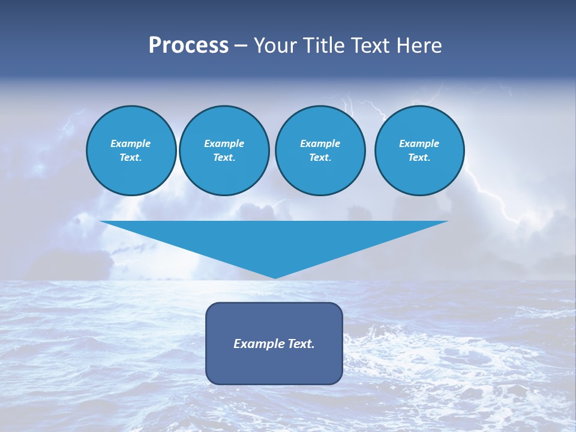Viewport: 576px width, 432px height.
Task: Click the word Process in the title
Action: [188, 46]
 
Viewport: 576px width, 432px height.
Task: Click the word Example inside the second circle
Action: [224, 143]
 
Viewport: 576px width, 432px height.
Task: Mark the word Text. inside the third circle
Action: [320, 158]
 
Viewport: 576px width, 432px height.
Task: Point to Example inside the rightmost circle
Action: [419, 143]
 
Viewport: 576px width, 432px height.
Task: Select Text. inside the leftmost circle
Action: [131, 158]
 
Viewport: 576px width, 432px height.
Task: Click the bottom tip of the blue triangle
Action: [275, 277]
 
